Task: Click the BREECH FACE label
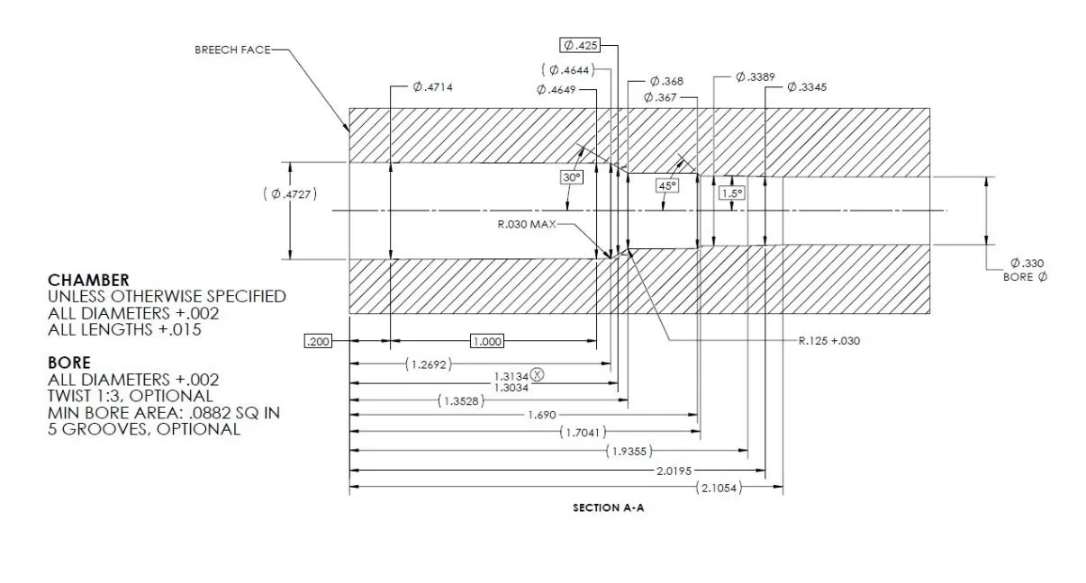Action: coord(231,49)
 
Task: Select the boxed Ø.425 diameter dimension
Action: coord(579,45)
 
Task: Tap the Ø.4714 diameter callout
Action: coord(432,86)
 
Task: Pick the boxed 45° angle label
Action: coord(667,185)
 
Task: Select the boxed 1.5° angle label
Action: coord(731,193)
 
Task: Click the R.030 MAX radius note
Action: coord(527,224)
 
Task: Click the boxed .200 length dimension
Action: coord(317,341)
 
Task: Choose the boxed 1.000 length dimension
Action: coord(487,341)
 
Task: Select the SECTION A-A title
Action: coord(609,508)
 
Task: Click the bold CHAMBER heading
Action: coord(88,280)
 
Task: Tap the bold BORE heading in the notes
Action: coord(68,363)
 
